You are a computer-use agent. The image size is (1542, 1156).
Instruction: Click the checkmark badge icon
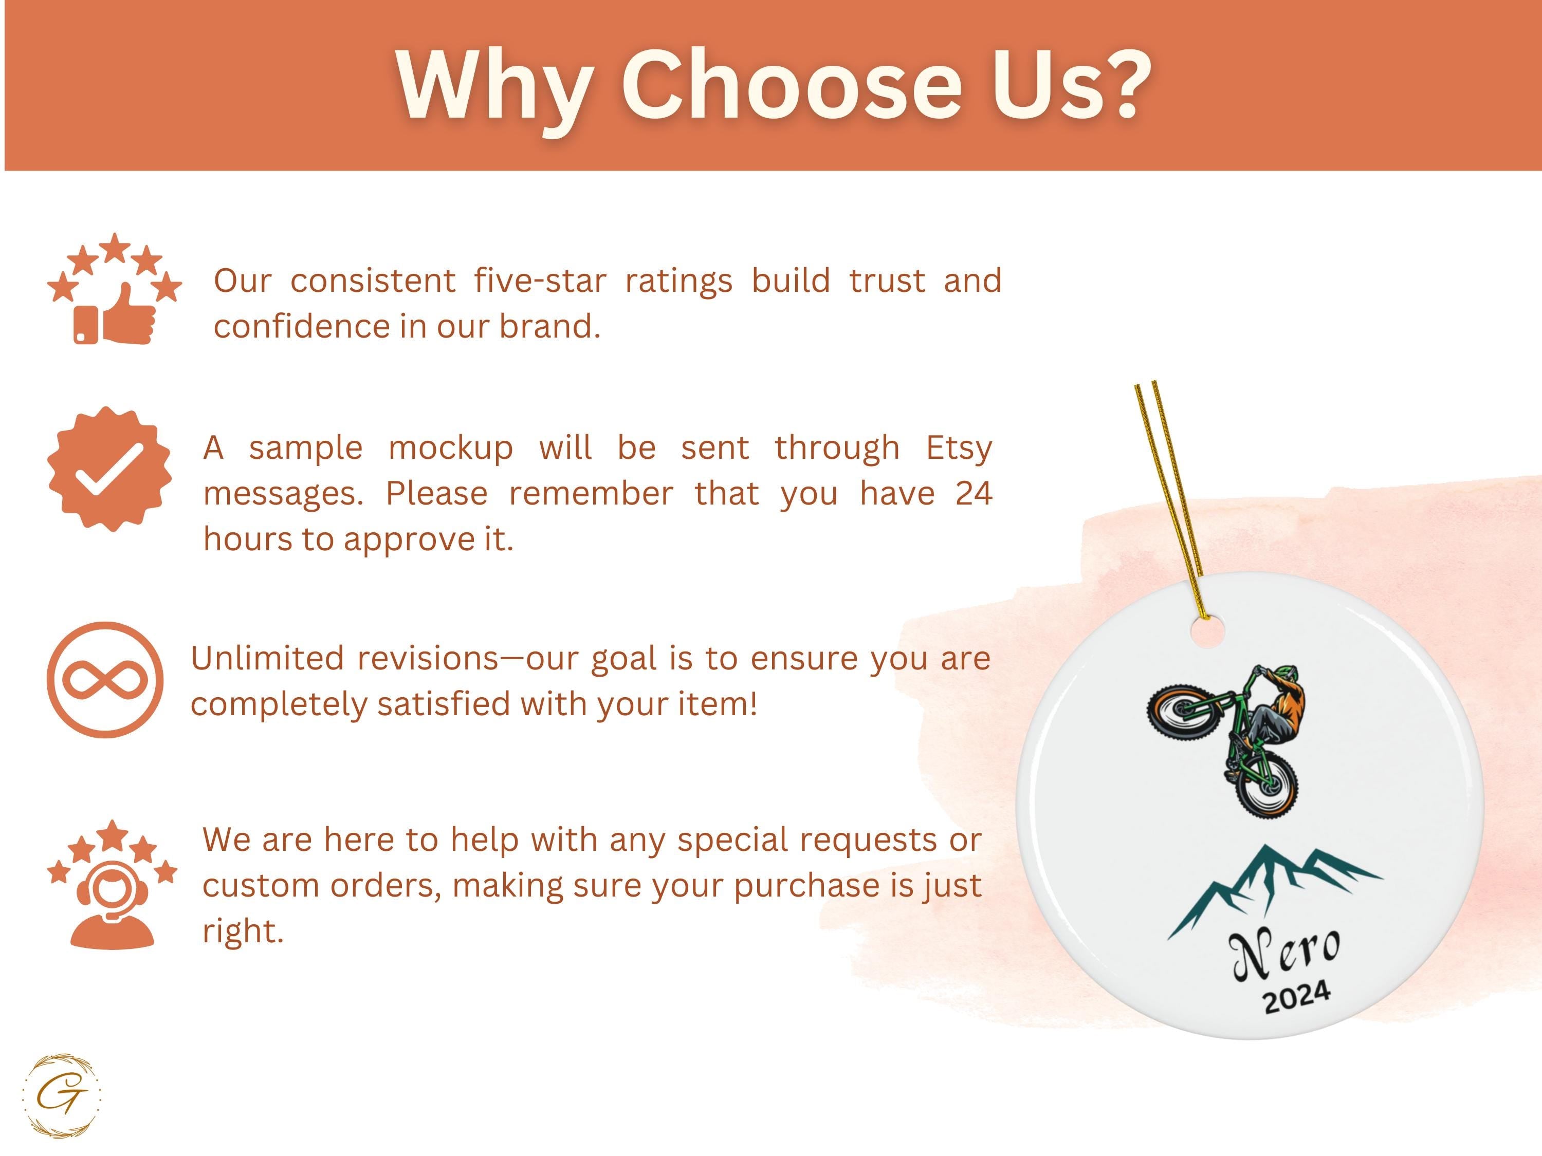coord(109,469)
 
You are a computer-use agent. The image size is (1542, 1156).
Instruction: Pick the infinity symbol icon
coord(105,680)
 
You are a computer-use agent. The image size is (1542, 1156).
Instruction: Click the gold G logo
coord(61,1096)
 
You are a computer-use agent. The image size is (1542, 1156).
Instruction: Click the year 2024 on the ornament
coord(1297,997)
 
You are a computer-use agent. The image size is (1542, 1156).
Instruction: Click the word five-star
coord(540,281)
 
